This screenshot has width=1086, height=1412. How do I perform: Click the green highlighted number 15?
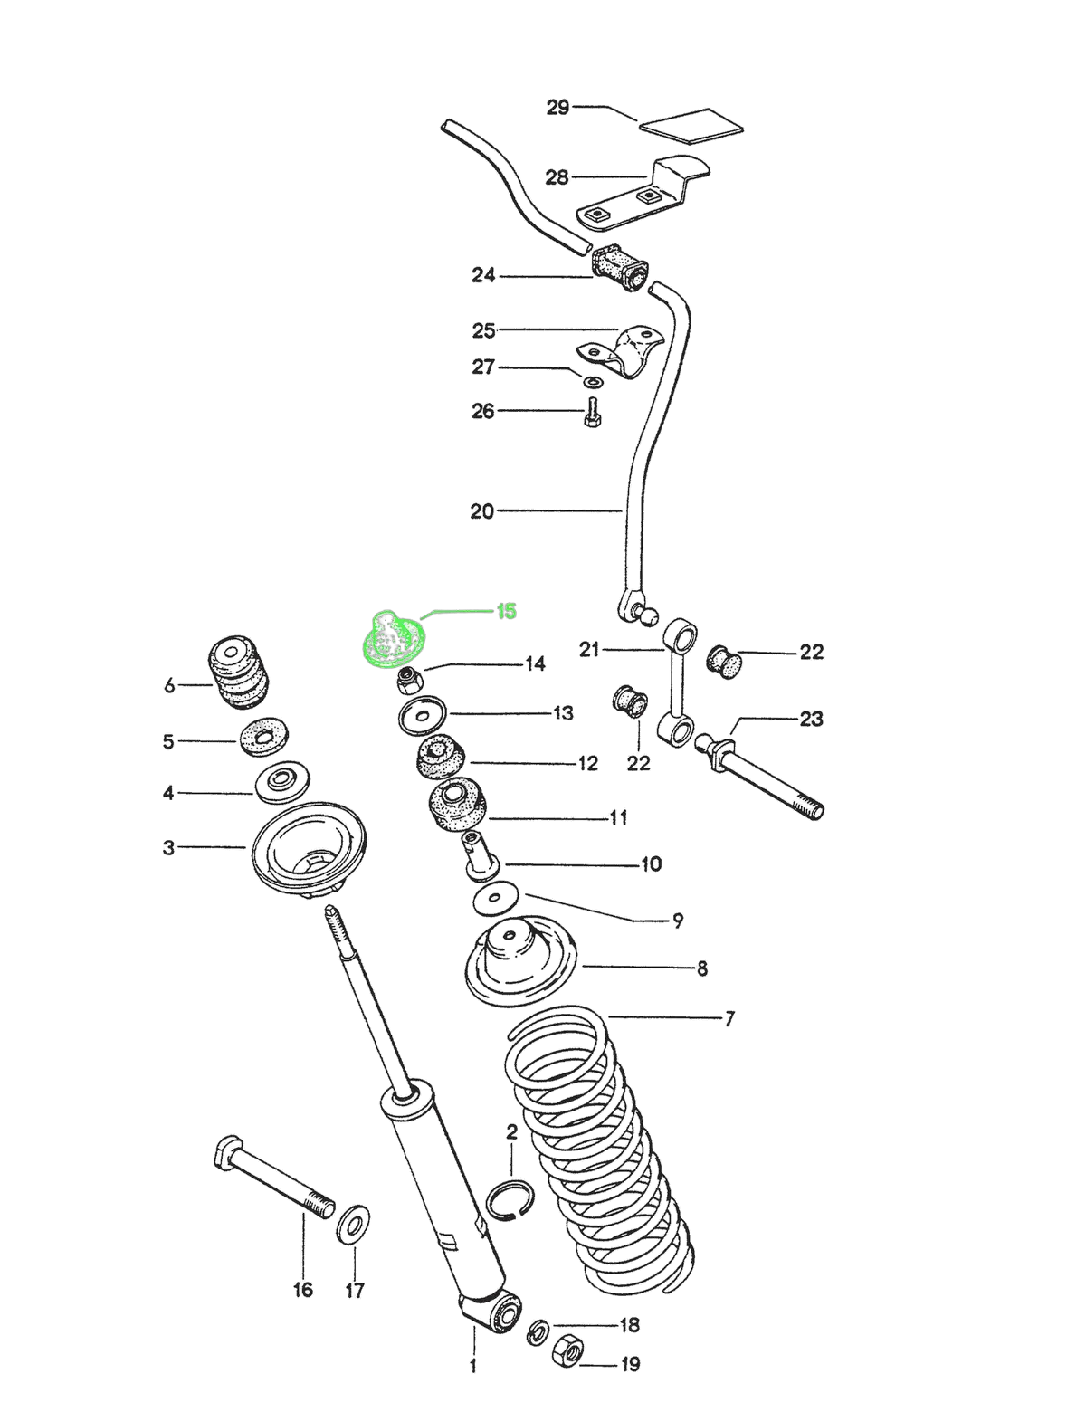coord(506,611)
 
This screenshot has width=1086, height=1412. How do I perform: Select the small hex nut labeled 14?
coord(410,680)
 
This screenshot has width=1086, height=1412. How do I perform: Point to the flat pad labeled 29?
coord(691,127)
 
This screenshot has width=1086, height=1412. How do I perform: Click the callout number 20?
coord(482,511)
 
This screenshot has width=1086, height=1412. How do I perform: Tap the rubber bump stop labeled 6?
coord(237,677)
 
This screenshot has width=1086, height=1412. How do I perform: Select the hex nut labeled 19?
coord(567,1350)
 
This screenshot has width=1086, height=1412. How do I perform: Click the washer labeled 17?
coord(353,1225)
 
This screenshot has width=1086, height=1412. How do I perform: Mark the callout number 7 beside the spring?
coord(729,1018)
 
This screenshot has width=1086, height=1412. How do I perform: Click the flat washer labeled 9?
coord(497,899)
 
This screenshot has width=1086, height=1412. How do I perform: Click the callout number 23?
coord(811,719)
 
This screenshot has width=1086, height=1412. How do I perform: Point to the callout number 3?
coord(169,847)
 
